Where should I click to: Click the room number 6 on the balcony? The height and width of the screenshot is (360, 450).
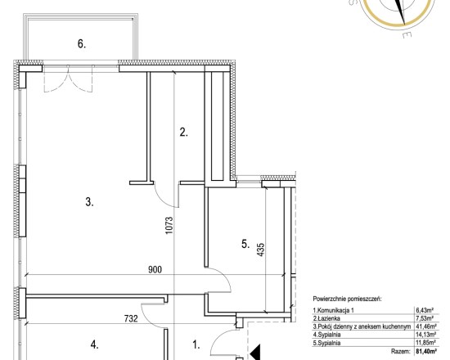point(82,44)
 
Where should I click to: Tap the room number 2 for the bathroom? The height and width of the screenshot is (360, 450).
point(183,133)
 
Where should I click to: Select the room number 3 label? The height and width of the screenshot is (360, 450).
point(89,202)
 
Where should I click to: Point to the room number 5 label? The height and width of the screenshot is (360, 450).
point(245,245)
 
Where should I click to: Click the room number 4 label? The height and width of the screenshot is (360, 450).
point(95,344)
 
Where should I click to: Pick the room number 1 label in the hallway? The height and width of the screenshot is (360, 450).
point(196,344)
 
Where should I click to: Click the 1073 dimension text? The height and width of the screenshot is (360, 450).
point(169,225)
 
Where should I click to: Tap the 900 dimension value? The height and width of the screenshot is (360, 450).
point(155,269)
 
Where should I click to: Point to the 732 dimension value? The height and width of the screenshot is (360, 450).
point(131,318)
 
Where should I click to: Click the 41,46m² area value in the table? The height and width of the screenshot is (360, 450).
point(426,326)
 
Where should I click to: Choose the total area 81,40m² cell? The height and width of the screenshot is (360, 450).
point(426,351)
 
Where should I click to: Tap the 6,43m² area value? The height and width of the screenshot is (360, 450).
point(425,310)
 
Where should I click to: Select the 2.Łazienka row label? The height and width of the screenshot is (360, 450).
point(326,318)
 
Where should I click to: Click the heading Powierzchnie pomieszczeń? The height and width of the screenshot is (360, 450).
point(347,299)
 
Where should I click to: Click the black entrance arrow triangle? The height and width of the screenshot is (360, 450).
point(255,352)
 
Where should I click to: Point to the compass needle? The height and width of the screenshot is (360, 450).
point(400,11)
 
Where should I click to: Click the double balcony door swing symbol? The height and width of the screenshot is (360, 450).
point(68,79)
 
